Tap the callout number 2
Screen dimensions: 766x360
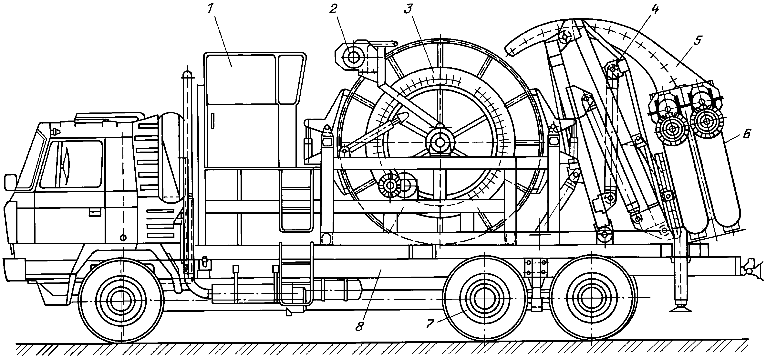click(x=333, y=9)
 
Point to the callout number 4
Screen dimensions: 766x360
click(x=654, y=10)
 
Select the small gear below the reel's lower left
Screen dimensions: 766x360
click(x=389, y=186)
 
